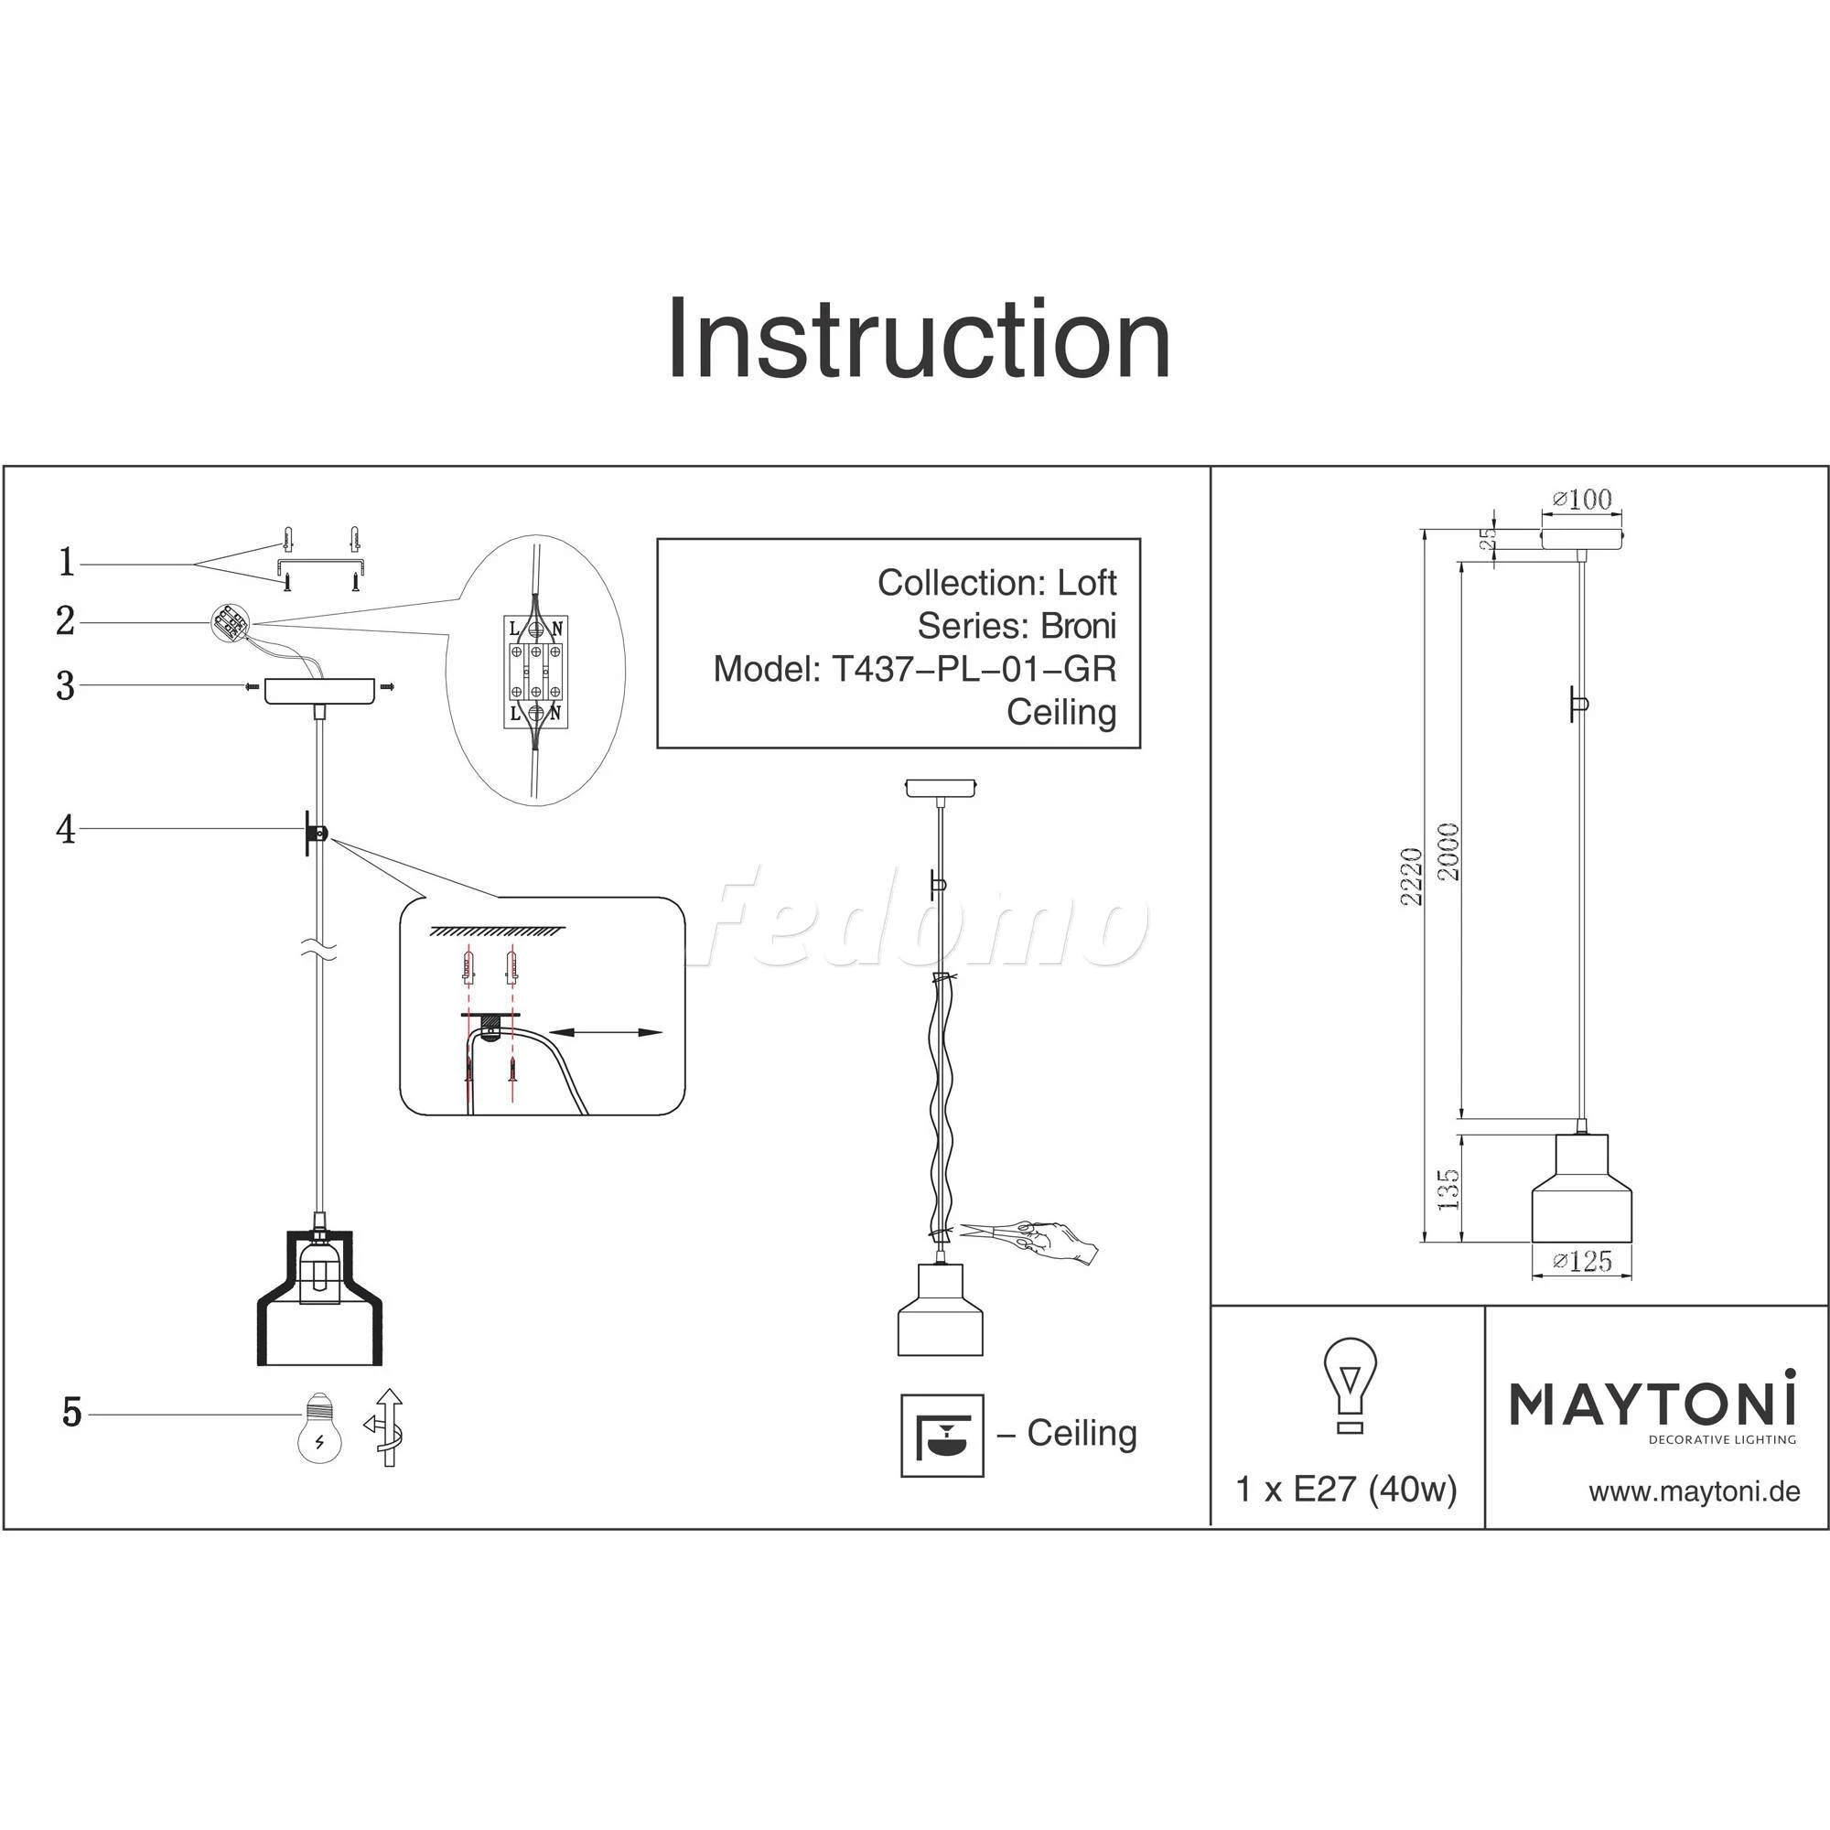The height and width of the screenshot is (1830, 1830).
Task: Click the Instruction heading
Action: tap(919, 339)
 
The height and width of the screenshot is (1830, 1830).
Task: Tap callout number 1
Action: tap(66, 563)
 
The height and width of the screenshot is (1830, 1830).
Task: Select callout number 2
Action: tap(65, 621)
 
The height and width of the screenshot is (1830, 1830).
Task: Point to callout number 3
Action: tap(65, 685)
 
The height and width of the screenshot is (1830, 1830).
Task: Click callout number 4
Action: tap(65, 831)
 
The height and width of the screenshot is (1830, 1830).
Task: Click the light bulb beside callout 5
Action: tap(320, 1426)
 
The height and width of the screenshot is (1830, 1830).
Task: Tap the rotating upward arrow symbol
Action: tap(385, 1427)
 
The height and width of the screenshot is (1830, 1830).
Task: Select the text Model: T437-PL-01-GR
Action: tap(915, 670)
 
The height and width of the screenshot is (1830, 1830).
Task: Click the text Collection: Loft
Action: tap(997, 583)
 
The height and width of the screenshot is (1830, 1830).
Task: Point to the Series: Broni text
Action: tap(1017, 626)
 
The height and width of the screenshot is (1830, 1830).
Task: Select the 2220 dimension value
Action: tap(1412, 877)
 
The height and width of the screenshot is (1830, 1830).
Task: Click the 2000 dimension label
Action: tap(1448, 852)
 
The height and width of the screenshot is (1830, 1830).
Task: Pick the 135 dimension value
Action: tap(1448, 1189)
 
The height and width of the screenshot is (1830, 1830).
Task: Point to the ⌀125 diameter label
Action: tap(1582, 1261)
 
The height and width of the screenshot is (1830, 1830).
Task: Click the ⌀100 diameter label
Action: tap(1582, 500)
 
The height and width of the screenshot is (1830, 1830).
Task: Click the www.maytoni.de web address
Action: tap(1695, 1492)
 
